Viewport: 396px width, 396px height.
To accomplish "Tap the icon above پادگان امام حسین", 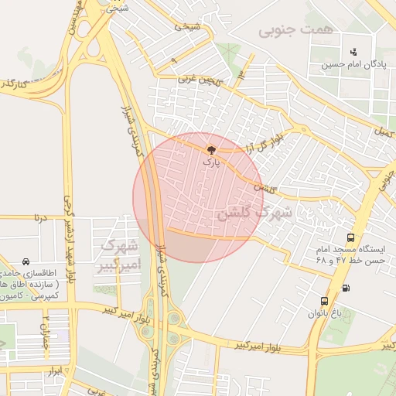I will [x=353, y=52].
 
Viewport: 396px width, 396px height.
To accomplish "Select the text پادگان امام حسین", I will [x=353, y=65].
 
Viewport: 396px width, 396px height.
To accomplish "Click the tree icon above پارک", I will [x=211, y=150].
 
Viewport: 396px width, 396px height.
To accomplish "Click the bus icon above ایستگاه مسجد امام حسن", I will [x=352, y=238].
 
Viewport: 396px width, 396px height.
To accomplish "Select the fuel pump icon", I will [x=345, y=288].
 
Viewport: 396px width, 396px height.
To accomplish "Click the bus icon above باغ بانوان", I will [x=324, y=301].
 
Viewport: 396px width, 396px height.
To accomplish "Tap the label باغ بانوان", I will [x=324, y=313].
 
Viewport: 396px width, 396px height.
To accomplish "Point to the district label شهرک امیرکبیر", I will [x=116, y=256].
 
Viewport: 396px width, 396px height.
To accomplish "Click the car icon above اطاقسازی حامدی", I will [x=27, y=261].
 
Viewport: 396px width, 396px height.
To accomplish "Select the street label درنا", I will [x=40, y=219].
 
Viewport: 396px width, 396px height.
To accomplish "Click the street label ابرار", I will [x=54, y=372].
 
